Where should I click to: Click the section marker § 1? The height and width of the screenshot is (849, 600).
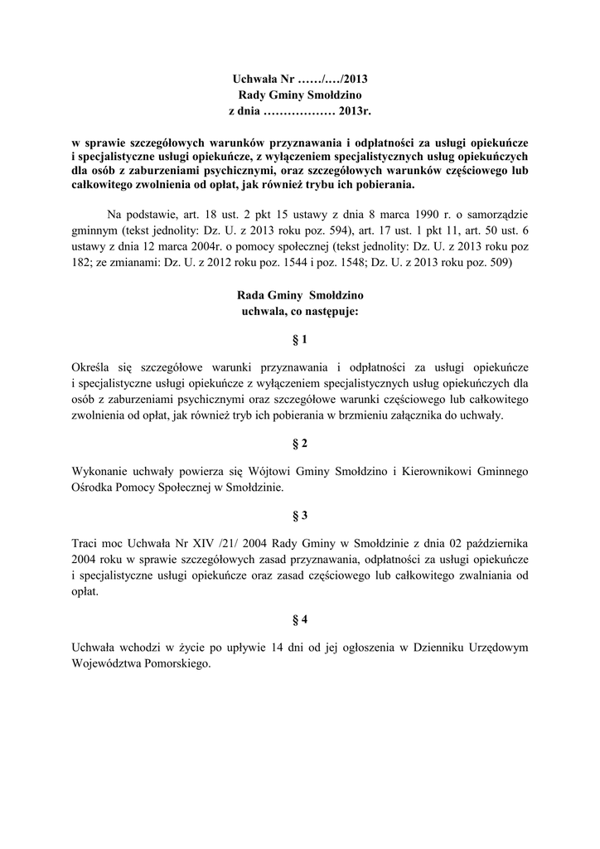click(299, 340)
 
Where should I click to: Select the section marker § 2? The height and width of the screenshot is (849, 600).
click(299, 444)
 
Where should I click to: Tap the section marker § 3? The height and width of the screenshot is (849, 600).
click(299, 516)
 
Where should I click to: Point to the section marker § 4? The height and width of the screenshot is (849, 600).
click(299, 619)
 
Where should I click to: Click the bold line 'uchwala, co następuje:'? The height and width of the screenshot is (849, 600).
click(299, 312)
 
